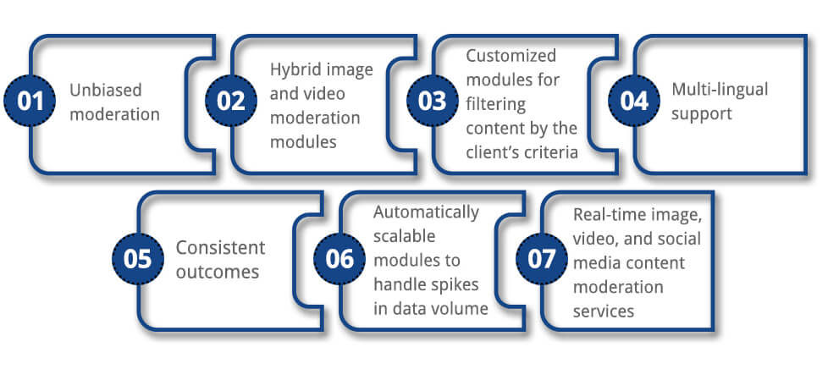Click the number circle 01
(30, 101)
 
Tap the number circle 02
(231, 101)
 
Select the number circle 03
(432, 101)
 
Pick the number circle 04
(633, 101)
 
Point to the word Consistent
(220, 248)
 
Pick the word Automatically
(426, 211)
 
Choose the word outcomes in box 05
(217, 273)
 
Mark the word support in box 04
(701, 113)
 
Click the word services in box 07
(604, 311)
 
